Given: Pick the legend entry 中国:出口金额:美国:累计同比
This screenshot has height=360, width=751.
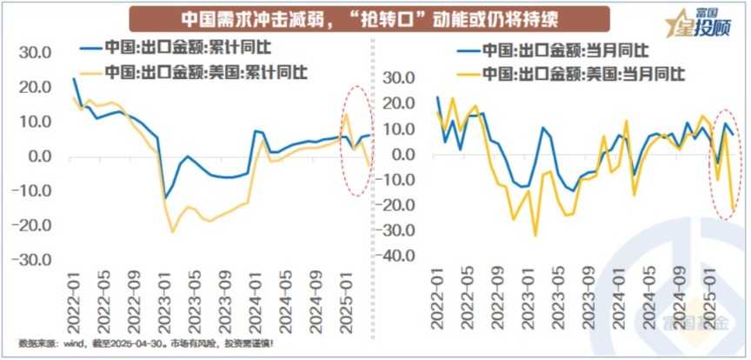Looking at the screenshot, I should [x=206, y=70].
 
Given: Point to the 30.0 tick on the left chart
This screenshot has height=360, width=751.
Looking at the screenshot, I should [x=36, y=52].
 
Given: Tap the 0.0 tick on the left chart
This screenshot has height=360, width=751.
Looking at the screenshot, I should [x=40, y=157].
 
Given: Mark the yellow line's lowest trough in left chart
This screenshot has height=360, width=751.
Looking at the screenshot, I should [x=173, y=231].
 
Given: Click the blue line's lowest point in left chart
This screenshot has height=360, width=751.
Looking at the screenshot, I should [x=165, y=198].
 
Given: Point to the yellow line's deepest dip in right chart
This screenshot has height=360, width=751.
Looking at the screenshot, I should [x=535, y=236].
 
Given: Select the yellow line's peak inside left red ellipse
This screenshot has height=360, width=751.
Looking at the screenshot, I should [x=346, y=114].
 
